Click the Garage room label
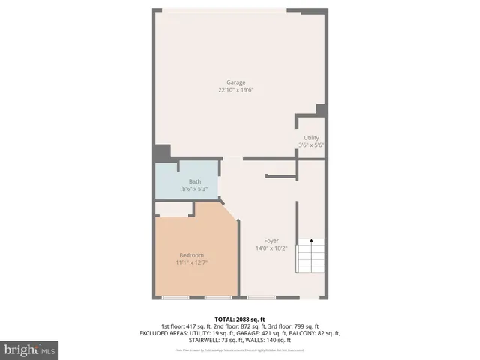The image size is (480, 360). [236, 82]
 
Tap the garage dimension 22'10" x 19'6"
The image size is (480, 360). [236, 91]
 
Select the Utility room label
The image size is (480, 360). [311, 137]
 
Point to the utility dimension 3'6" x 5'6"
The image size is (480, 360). [311, 145]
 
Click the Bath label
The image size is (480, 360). [194, 181]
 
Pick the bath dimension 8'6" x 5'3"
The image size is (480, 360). [194, 190]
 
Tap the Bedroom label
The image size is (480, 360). [191, 255]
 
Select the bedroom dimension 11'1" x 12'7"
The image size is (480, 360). [191, 263]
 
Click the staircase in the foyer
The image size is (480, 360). [310, 256]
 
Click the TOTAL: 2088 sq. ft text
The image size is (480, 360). [240, 319]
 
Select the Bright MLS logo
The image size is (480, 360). [30, 349]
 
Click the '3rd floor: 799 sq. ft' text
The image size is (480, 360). [293, 326]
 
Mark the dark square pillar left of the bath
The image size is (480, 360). [161, 152]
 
